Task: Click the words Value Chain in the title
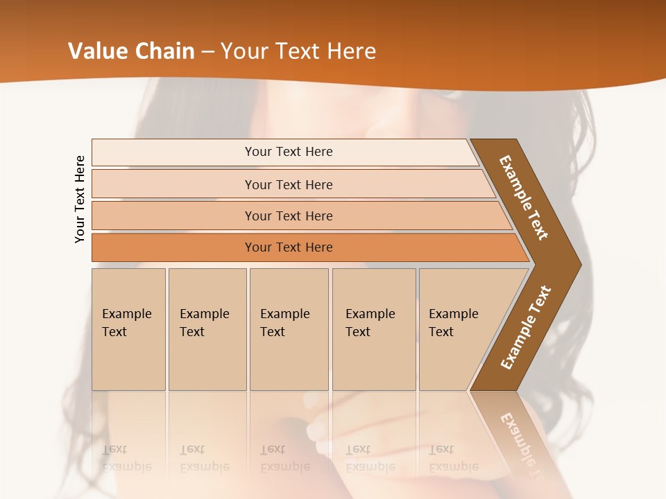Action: [131, 51]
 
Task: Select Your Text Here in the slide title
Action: [298, 51]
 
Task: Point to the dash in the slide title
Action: [207, 52]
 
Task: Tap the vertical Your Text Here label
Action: [80, 199]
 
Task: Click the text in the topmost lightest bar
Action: [289, 152]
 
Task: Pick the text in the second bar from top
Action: [289, 185]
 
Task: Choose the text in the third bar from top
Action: [289, 216]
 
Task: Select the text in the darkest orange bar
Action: [289, 247]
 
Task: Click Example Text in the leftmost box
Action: [126, 323]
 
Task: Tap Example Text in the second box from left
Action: [204, 323]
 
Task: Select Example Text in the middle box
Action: [284, 323]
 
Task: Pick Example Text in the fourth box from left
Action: [370, 323]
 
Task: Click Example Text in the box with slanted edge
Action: [453, 323]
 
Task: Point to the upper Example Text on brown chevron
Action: [524, 198]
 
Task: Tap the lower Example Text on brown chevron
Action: [526, 327]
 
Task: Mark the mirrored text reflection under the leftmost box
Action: [126, 458]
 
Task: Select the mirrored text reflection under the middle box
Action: [284, 458]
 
